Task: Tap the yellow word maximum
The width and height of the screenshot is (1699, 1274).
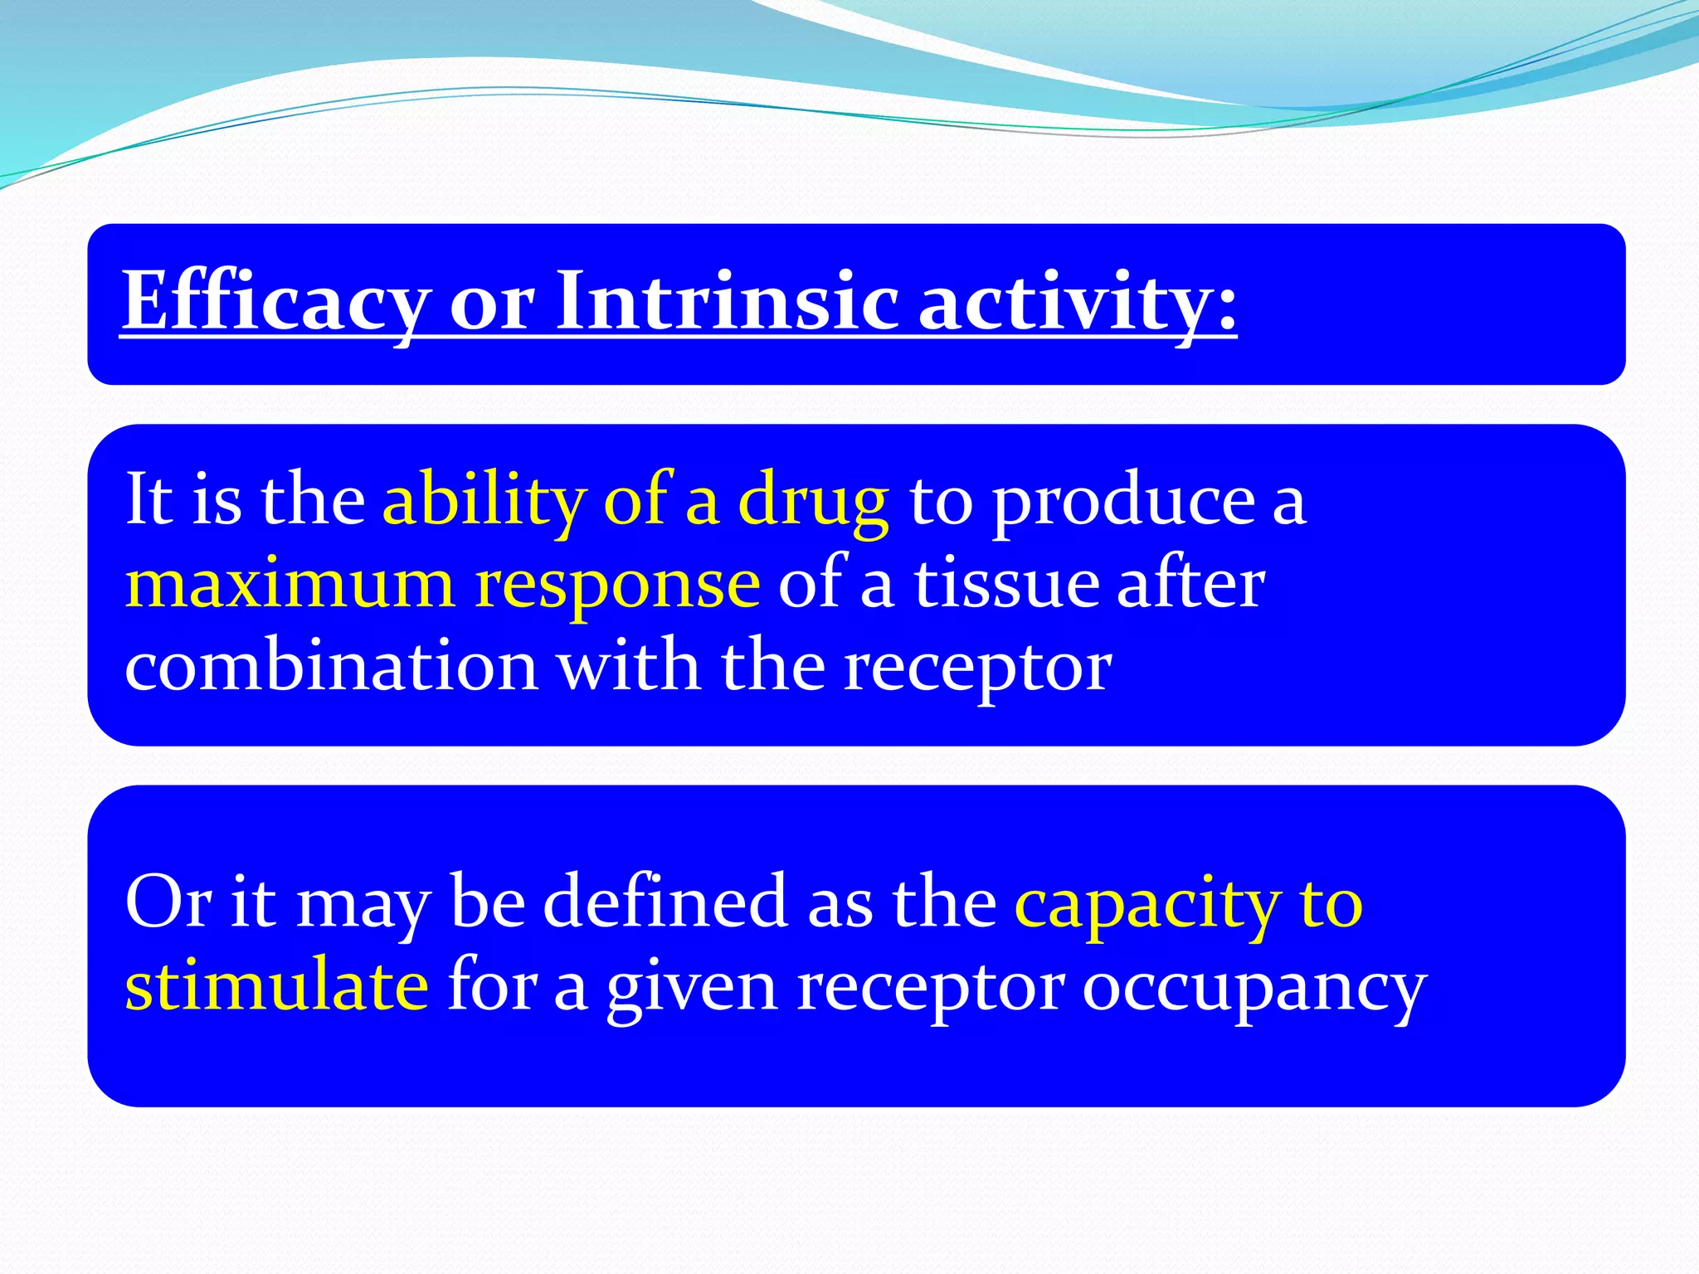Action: (x=290, y=583)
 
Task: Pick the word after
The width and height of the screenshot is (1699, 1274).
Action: (x=1190, y=583)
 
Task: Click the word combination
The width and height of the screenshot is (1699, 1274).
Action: (x=331, y=666)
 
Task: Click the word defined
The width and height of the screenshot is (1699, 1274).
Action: (x=665, y=902)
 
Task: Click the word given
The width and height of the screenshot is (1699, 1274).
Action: (x=693, y=987)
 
